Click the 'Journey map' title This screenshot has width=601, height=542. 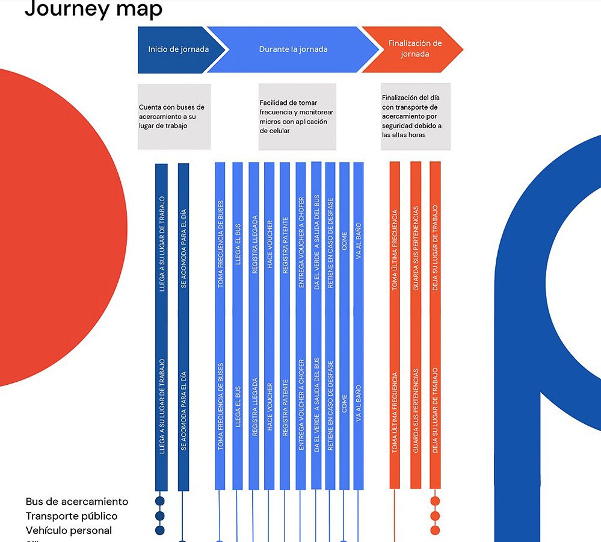coord(93,10)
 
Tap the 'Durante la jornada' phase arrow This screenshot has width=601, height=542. coord(293,49)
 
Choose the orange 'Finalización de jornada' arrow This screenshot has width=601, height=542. coord(415,49)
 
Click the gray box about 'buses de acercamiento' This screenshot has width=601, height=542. coord(174,117)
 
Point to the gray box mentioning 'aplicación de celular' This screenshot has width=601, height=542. coord(297,117)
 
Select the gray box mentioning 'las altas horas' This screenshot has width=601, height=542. coord(415,117)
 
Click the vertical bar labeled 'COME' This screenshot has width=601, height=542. coord(344,325)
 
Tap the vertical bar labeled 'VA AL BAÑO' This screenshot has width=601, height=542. coord(359,325)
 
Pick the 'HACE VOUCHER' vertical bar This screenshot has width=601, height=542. coord(269,325)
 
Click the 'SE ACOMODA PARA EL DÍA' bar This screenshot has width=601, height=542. coord(183,325)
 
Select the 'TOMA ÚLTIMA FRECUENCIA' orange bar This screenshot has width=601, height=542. coord(395,325)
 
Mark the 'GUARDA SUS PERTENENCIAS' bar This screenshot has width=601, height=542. coord(416,325)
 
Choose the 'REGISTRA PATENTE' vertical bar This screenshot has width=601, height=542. coord(285,325)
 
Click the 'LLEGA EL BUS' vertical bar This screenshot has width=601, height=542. coord(238,325)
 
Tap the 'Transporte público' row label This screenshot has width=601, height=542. coord(72,516)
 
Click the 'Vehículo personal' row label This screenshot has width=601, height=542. coord(69,531)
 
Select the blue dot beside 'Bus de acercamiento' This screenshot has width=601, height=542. coord(160,501)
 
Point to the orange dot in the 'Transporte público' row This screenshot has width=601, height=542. coord(435,516)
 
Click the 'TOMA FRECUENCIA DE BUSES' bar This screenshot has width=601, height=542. coord(220,325)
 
